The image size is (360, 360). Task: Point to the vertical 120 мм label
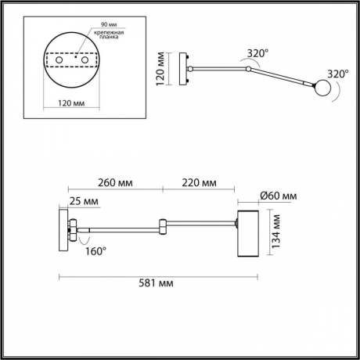pos(160,69)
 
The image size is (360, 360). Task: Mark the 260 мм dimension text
pos(114,183)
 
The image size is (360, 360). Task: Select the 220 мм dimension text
pos(199,183)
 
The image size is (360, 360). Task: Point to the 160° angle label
pos(94,251)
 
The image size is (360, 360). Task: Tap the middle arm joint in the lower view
pos(162,226)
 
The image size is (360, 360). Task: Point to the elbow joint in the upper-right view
pos(247,70)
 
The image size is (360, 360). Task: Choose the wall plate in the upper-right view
pos(183,70)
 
